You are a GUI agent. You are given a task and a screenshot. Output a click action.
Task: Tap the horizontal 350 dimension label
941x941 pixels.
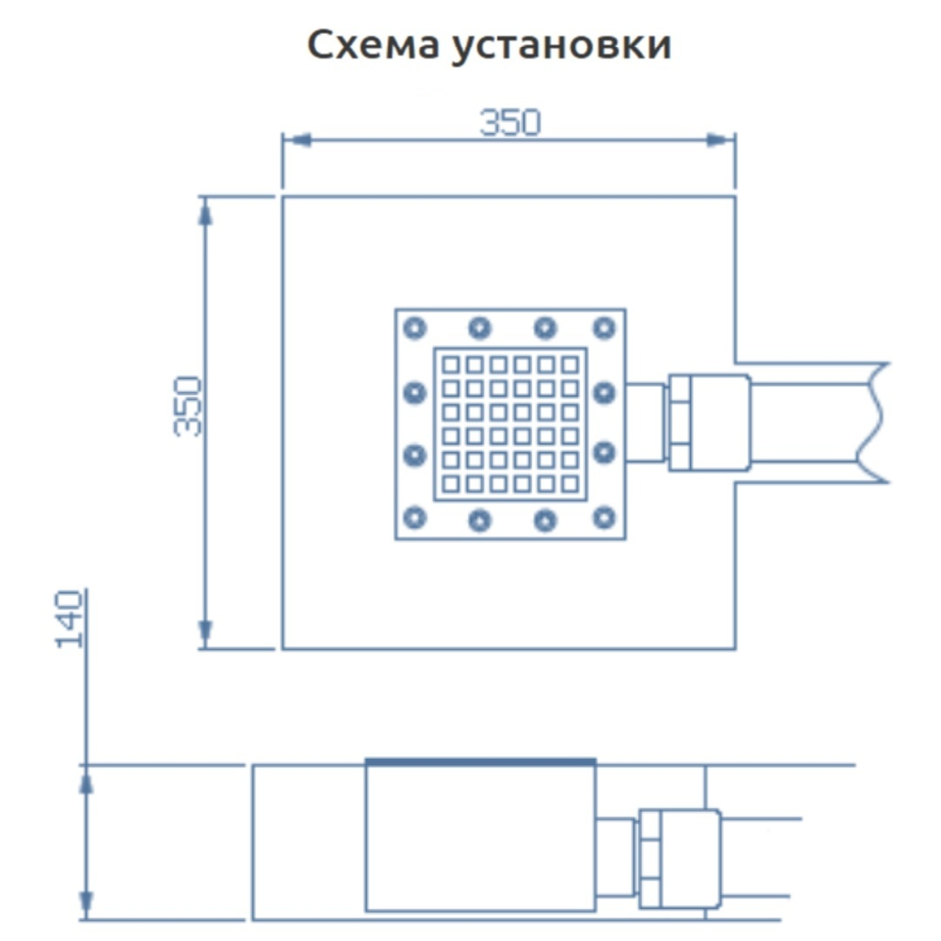510,123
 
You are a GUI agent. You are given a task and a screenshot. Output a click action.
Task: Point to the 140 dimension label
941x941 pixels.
69,619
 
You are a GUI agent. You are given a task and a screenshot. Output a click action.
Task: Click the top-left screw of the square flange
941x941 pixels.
415,328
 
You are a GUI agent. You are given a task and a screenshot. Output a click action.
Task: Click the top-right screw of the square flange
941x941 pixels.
604,328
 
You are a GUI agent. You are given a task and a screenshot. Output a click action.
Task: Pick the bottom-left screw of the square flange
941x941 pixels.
415,518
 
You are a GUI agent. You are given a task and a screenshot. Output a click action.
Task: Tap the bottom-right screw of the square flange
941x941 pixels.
604,518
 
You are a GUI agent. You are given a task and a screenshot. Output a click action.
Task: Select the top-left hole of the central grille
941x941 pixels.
450,364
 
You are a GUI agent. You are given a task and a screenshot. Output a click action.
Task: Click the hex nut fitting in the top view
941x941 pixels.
680,423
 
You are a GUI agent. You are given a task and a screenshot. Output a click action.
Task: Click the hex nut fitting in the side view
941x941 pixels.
650,858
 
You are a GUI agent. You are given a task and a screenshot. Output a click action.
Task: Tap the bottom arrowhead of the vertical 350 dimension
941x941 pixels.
206,633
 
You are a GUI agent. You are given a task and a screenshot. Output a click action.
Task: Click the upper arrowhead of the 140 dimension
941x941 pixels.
86,781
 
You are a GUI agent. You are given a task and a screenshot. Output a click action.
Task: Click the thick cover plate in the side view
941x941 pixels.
480,762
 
